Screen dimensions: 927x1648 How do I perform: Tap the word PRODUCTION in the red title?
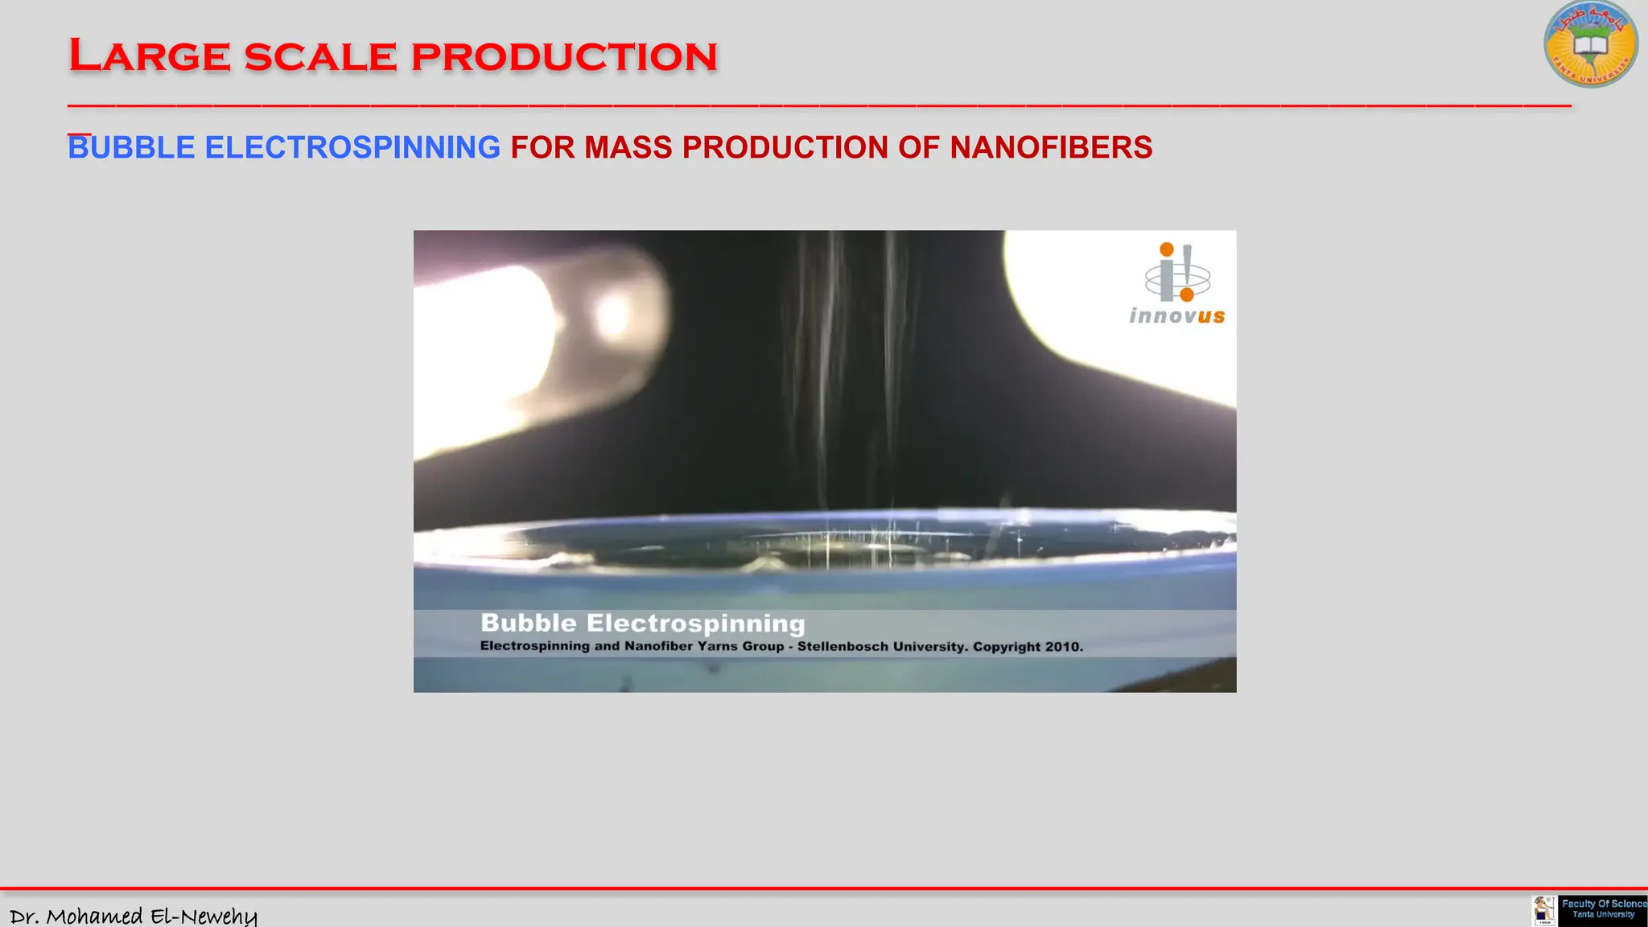tap(563, 57)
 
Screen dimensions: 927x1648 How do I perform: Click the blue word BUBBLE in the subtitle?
tap(131, 148)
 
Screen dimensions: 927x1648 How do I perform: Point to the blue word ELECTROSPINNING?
tap(352, 148)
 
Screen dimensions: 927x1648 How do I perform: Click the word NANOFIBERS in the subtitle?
tap(1051, 148)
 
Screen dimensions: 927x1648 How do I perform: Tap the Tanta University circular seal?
tap(1590, 45)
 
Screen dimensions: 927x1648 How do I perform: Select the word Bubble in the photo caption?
tap(529, 624)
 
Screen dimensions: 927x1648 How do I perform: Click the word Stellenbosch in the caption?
tap(843, 647)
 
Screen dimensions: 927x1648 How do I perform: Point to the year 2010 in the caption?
tap(1064, 647)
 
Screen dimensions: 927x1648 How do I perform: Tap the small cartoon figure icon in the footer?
tap(1543, 911)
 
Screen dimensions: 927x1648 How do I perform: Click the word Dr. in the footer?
tap(24, 917)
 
